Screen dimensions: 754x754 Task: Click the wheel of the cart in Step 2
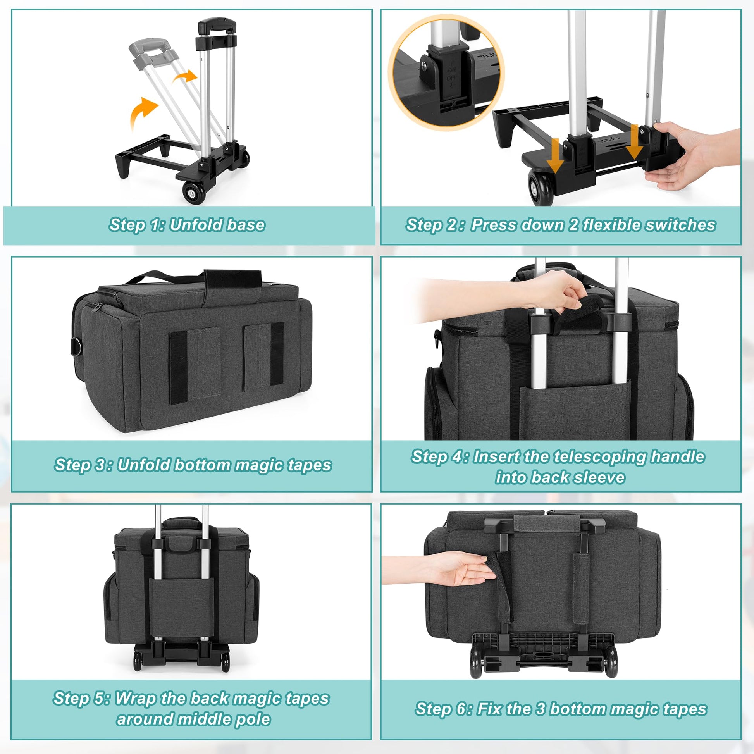point(541,187)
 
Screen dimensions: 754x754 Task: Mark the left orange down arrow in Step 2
point(554,155)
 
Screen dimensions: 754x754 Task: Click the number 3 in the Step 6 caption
point(540,708)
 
